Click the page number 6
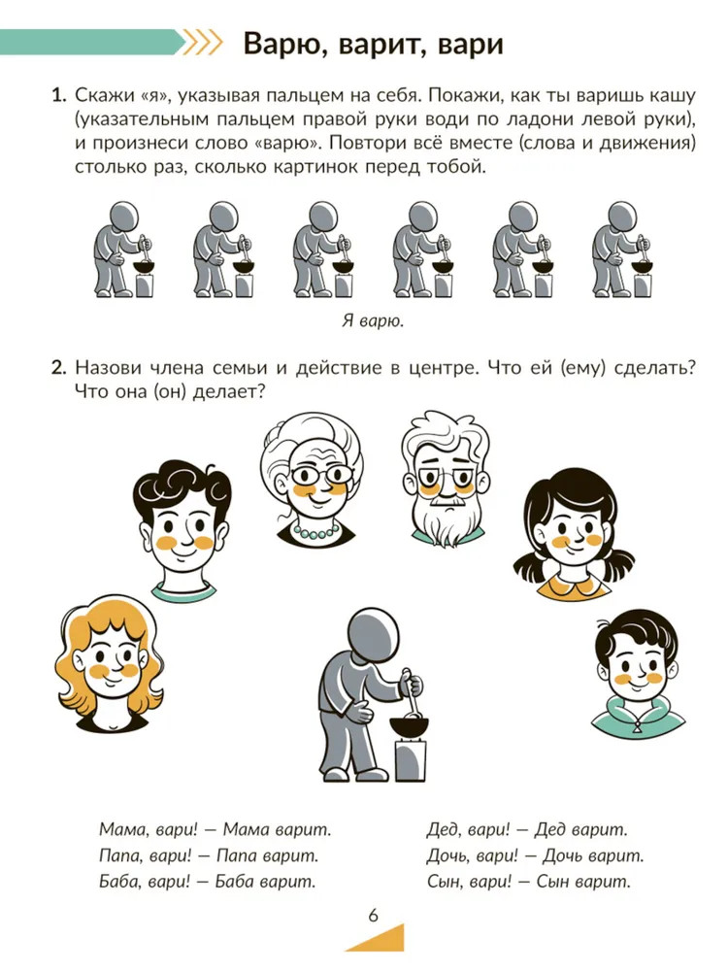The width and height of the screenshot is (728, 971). coord(373,915)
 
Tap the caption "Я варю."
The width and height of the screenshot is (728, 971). coord(373,320)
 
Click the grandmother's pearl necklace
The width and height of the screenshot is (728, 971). coord(316,531)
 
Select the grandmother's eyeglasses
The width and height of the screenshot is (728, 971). coord(322,476)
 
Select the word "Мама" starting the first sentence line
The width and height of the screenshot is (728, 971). coord(120,830)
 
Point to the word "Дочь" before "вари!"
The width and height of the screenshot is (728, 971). coord(446,855)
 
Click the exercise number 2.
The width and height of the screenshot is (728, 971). coord(58,368)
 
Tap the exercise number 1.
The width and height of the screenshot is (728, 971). coord(58,95)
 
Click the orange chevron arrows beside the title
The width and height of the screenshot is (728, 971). coord(203,44)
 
